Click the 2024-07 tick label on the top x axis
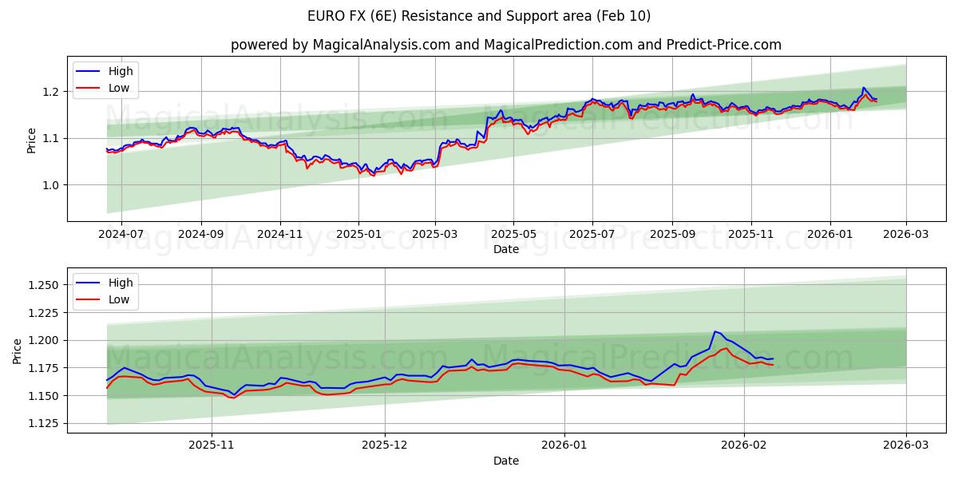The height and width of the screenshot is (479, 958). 121,233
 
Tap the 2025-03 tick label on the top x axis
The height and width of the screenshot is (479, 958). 435,233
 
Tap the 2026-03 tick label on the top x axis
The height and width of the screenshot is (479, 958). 905,233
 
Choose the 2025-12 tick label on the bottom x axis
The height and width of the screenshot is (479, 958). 385,445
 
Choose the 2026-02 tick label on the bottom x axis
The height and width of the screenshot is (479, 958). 744,445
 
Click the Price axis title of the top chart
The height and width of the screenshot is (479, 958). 31,140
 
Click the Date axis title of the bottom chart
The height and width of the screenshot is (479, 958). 505,461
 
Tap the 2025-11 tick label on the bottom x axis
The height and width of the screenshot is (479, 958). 212,445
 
